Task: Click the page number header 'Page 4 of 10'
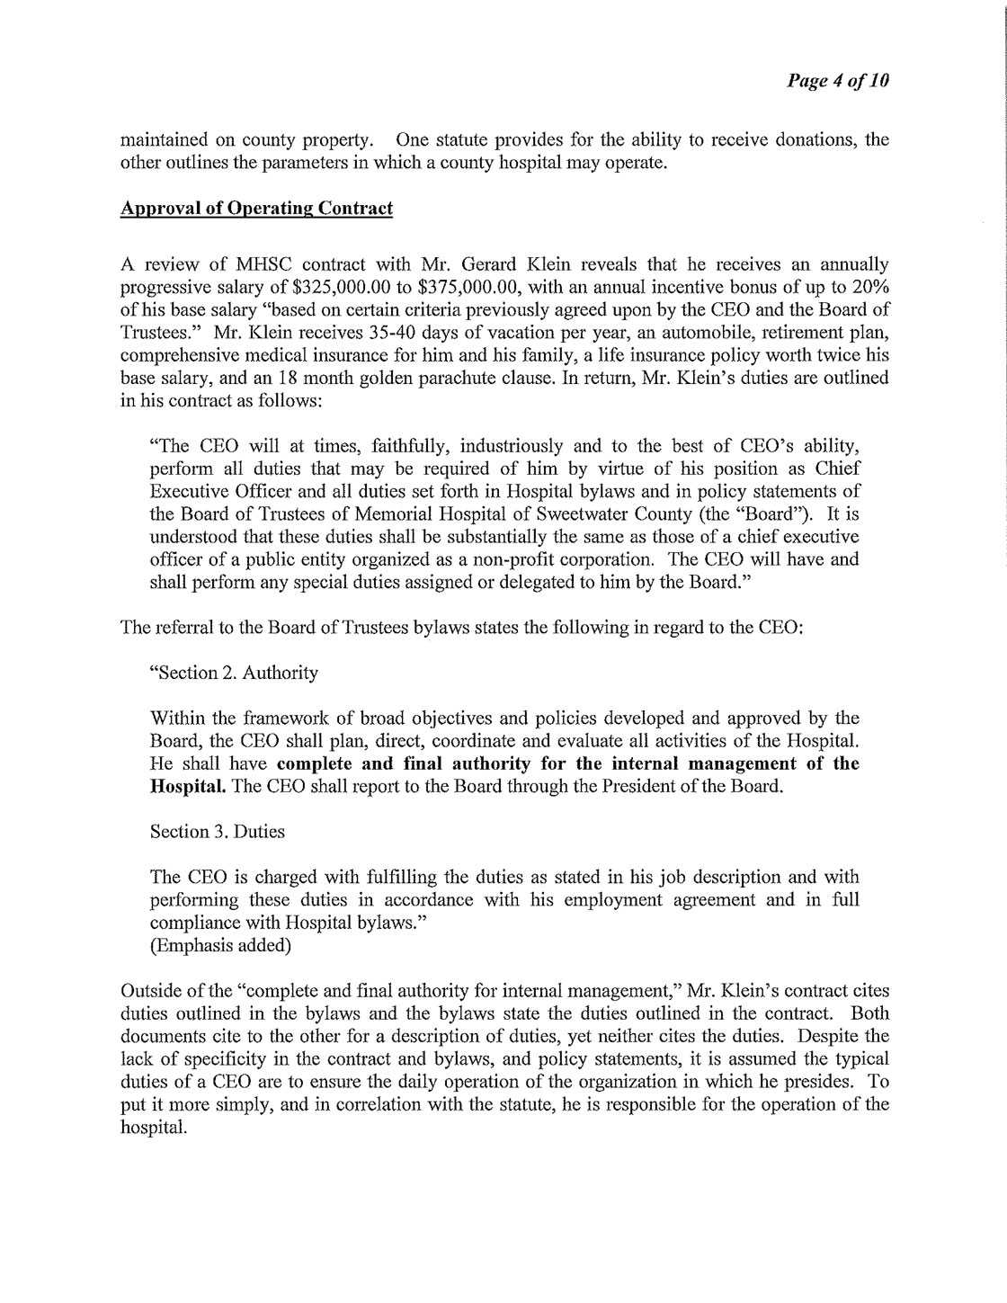838,80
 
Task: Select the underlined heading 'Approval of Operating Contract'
257,209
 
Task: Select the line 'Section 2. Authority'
233,673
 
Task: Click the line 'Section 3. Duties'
218,832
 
